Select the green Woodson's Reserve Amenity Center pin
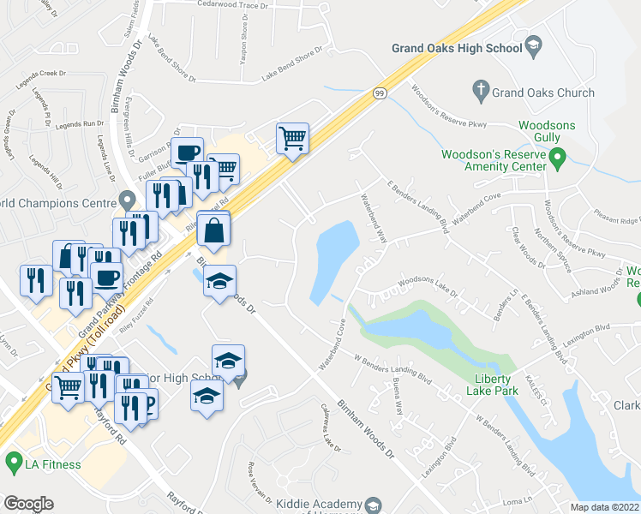click(557, 156)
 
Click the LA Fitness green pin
click(13, 463)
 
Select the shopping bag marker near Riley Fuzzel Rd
click(213, 231)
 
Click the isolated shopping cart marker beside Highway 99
click(292, 138)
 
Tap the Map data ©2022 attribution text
click(604, 507)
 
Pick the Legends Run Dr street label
click(80, 124)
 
